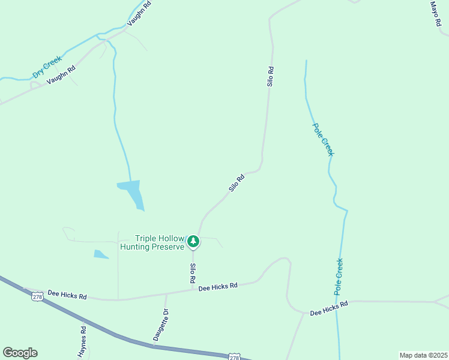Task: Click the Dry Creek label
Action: click(x=47, y=67)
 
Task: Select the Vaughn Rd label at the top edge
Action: click(x=139, y=14)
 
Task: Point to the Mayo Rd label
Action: click(x=435, y=13)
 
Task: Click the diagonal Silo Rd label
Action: click(x=237, y=183)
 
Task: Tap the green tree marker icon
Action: click(x=193, y=241)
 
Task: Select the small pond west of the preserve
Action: click(x=100, y=254)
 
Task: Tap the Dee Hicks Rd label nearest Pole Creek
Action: click(x=329, y=309)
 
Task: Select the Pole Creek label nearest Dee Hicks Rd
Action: click(x=339, y=276)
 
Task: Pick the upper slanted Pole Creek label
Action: click(x=322, y=140)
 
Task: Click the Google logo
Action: click(x=20, y=353)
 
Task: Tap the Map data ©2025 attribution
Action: click(x=423, y=355)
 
